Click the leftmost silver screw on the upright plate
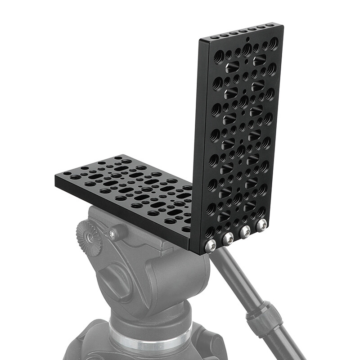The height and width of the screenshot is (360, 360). click(x=209, y=246)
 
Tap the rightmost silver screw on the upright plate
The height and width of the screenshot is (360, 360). click(x=261, y=225)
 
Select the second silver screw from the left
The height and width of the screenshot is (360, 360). click(x=227, y=238)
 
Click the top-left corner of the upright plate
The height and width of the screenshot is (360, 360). click(x=200, y=39)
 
